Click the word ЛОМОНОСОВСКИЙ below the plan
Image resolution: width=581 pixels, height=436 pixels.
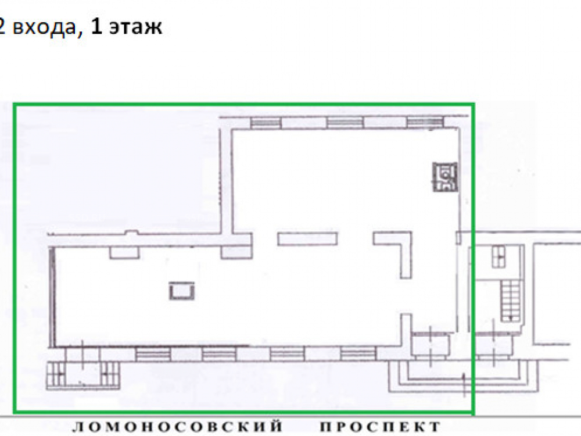click(x=177, y=426)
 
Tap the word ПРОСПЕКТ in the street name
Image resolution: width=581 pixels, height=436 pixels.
click(x=381, y=426)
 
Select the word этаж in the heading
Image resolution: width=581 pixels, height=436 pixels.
click(x=135, y=27)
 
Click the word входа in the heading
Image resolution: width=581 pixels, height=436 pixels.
click(x=44, y=28)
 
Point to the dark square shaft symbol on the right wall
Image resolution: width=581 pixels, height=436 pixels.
click(x=445, y=177)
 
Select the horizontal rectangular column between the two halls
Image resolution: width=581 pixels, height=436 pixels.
click(x=307, y=239)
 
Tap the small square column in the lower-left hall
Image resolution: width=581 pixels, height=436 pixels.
click(x=182, y=291)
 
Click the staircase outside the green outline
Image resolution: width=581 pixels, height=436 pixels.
click(x=511, y=301)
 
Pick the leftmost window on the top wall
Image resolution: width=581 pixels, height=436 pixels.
click(x=266, y=123)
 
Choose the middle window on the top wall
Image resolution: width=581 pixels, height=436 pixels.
click(x=345, y=122)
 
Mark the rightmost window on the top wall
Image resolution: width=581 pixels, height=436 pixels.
click(x=425, y=122)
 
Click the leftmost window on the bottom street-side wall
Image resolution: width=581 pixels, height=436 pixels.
click(x=153, y=354)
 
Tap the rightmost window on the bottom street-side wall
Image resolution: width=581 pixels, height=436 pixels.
click(x=358, y=353)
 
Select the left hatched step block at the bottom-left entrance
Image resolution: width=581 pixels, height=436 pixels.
click(x=57, y=375)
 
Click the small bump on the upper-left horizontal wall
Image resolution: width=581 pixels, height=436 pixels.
click(x=131, y=233)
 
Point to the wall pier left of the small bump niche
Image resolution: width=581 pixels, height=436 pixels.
click(x=124, y=252)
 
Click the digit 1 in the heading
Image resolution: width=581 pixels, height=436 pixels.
click(x=96, y=27)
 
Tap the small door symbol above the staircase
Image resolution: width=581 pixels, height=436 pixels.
click(x=498, y=256)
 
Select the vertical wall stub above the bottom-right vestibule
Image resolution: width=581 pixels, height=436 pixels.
click(x=407, y=323)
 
